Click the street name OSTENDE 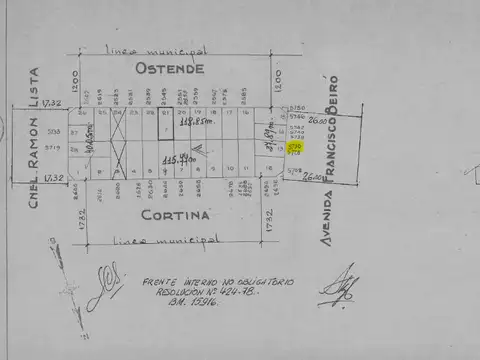[171, 69]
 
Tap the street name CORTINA [176, 215]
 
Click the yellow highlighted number [295, 147]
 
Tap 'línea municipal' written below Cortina [167, 240]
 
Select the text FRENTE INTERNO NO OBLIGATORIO [218, 282]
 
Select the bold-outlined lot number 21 [165, 113]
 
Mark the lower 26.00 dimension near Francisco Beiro [315, 176]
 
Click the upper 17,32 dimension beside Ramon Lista [52, 102]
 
